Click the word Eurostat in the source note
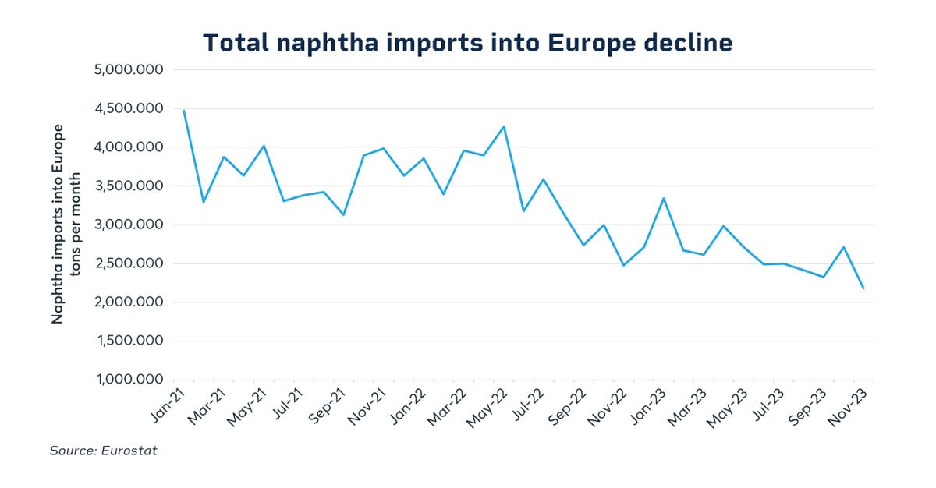click(129, 451)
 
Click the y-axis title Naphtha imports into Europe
click(58, 223)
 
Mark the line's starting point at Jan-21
click(183, 110)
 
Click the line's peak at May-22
click(504, 126)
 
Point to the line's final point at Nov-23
click(863, 288)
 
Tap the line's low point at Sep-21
click(343, 214)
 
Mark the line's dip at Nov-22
click(624, 265)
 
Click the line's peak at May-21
click(264, 146)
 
